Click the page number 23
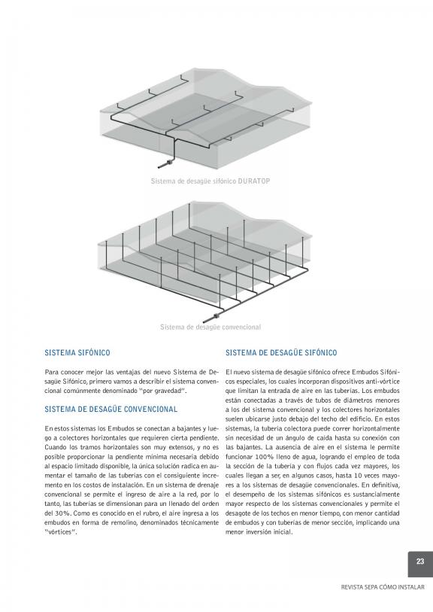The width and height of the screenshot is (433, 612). click(x=419, y=562)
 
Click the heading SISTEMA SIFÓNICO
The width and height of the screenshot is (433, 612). click(x=77, y=353)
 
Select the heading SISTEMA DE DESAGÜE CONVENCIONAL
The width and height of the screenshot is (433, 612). click(x=111, y=410)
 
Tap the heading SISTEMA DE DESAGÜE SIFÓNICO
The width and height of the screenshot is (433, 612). click(x=281, y=353)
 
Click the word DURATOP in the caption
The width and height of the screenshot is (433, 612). click(x=254, y=181)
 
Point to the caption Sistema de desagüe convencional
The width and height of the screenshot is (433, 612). click(x=210, y=327)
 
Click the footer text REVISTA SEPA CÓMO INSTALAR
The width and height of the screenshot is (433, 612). click(x=383, y=587)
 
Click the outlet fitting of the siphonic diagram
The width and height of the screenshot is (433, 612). click(x=168, y=163)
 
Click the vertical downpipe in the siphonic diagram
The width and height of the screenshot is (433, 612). click(x=174, y=149)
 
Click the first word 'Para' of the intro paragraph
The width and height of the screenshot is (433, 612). click(x=50, y=372)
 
